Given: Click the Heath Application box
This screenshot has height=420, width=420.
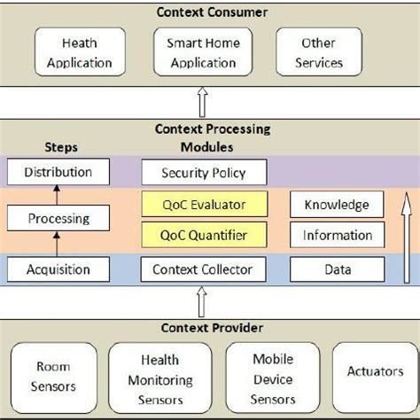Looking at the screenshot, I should click(x=87, y=53).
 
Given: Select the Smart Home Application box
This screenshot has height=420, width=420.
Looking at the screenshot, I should click(x=204, y=53).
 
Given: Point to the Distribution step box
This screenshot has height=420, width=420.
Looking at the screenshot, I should click(x=58, y=171).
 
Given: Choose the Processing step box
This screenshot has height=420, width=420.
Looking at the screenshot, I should click(x=58, y=218).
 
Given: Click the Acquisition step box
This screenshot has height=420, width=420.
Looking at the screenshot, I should click(x=58, y=268).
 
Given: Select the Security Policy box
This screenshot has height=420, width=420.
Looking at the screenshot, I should click(x=205, y=173).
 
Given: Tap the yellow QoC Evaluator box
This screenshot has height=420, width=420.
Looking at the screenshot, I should click(x=205, y=205).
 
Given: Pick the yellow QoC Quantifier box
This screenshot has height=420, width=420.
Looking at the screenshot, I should click(x=205, y=235).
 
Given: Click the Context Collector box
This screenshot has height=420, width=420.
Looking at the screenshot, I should click(x=203, y=268).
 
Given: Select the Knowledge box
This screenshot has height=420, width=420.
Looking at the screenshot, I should click(x=337, y=205).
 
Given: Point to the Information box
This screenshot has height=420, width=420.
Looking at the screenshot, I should click(x=337, y=235).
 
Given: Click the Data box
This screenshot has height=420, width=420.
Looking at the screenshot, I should click(x=337, y=268).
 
